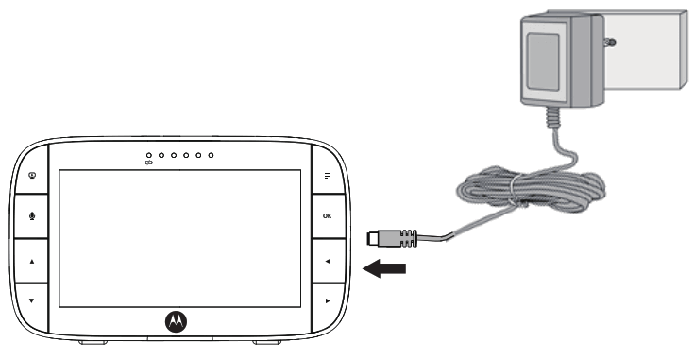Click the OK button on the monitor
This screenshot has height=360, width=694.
click(327, 216)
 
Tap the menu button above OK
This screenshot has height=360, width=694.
click(327, 176)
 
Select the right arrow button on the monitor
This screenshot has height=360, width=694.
click(327, 300)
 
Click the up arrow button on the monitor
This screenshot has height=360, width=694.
click(32, 258)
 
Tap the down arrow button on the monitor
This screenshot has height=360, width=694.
click(32, 300)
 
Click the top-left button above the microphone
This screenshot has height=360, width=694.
click(32, 174)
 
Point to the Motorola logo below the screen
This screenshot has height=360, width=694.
click(177, 321)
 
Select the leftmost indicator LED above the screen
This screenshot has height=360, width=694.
click(149, 154)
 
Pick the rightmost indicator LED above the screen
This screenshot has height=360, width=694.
click(211, 154)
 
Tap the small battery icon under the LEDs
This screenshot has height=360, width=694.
click(148, 163)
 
